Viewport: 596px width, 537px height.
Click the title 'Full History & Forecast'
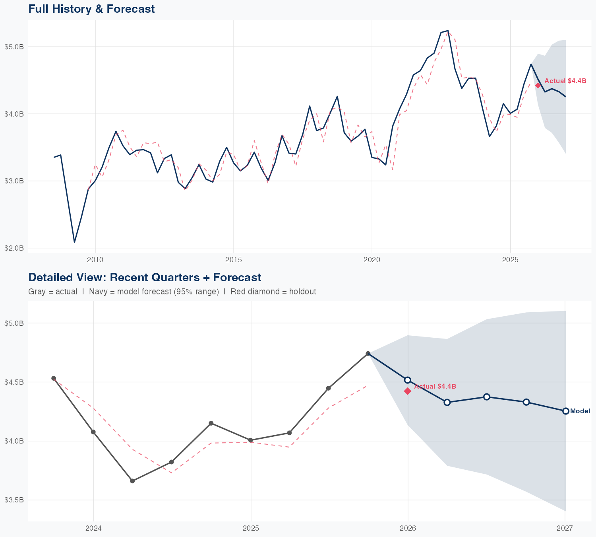91,9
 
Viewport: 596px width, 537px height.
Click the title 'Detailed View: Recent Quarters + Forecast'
145,277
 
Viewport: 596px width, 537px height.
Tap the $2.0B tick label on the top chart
14,248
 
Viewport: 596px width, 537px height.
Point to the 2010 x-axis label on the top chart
95,260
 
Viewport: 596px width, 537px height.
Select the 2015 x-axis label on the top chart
233,260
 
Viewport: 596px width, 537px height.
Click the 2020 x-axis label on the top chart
372,260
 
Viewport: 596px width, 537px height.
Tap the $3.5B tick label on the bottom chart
14,500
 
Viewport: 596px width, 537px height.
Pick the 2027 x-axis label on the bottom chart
565,528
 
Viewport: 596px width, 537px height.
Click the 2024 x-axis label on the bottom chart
94,528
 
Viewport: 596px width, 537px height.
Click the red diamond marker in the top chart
538,86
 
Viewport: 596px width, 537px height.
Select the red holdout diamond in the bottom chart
407,391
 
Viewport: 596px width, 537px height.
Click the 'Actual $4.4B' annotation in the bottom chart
435,386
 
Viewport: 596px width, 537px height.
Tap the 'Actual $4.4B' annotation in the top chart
565,81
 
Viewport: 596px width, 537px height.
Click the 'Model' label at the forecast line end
580,411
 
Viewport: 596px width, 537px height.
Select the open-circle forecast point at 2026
407,380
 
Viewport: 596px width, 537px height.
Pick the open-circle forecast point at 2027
565,411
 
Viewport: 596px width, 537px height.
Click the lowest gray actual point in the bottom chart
132,481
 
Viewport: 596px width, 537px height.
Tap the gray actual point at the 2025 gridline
251,440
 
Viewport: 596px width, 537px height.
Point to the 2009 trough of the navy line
74,242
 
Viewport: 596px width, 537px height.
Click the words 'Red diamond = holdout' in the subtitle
273,292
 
